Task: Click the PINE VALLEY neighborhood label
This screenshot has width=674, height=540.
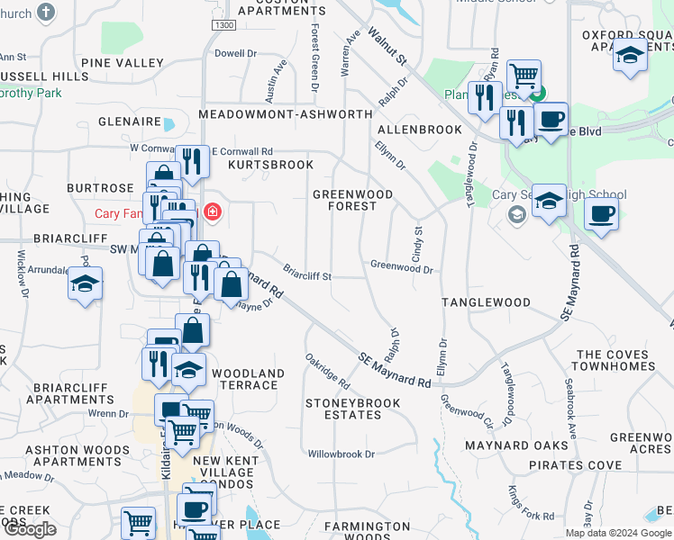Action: click(122, 63)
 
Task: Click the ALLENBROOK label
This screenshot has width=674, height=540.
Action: click(419, 130)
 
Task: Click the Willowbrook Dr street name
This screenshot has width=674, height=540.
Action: click(341, 454)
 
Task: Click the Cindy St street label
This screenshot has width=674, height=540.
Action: click(418, 244)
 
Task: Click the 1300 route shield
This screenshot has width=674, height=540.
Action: click(224, 25)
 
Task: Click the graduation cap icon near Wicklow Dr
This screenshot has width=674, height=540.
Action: click(86, 284)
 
